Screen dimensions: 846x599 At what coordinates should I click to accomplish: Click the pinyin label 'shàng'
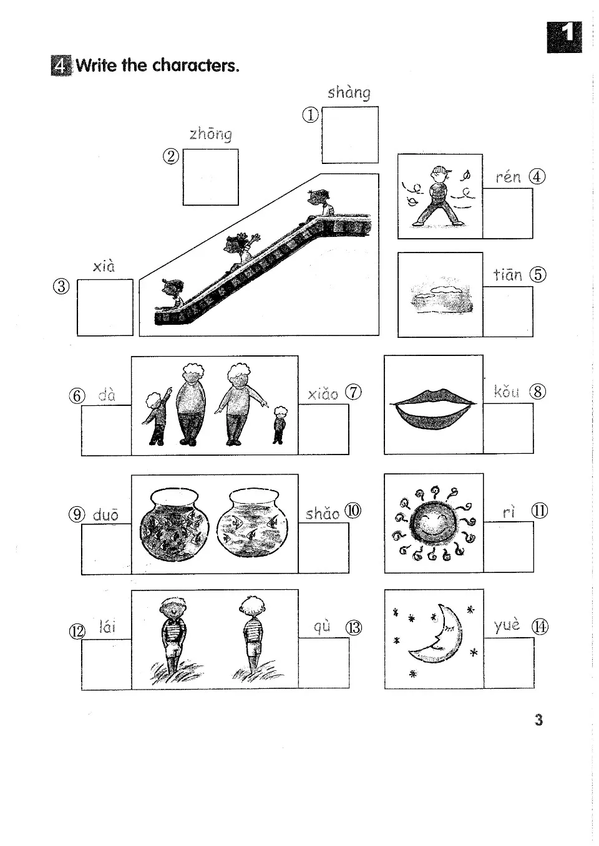tap(349, 94)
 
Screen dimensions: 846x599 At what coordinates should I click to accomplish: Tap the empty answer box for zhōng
tap(210, 177)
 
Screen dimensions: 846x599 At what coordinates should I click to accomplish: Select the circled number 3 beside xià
tap(61, 286)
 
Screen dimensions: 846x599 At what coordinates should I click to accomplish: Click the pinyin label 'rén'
tap(508, 177)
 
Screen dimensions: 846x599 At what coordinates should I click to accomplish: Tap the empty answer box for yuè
tap(509, 662)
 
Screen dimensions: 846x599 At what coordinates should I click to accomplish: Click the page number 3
tap(538, 720)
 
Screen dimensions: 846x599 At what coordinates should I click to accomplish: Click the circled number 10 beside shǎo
tap(353, 511)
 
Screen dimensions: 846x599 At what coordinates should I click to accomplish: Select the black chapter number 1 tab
tap(564, 37)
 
